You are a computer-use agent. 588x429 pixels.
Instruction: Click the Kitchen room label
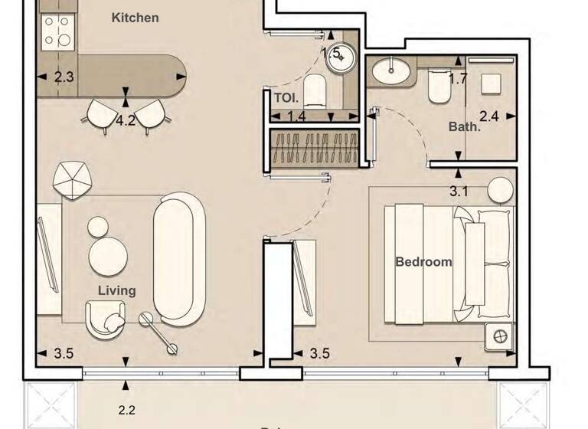pos(136,17)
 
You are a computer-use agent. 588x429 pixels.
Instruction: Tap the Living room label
pos(117,290)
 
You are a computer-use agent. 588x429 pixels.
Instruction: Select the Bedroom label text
pos(423,261)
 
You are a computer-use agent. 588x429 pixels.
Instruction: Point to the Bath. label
pos(464,126)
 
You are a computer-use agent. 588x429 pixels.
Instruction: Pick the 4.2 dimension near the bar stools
pos(126,120)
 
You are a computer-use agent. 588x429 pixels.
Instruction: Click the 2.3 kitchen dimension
pos(64,77)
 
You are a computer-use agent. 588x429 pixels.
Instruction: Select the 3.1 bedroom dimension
pos(458,192)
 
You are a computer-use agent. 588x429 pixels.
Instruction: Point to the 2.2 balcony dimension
pos(126,411)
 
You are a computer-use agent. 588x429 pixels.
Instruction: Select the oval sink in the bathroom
pos(390,70)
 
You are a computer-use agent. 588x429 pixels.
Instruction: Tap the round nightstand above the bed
pos(501,189)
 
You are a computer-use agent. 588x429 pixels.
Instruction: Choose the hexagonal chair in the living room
pos(73,181)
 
